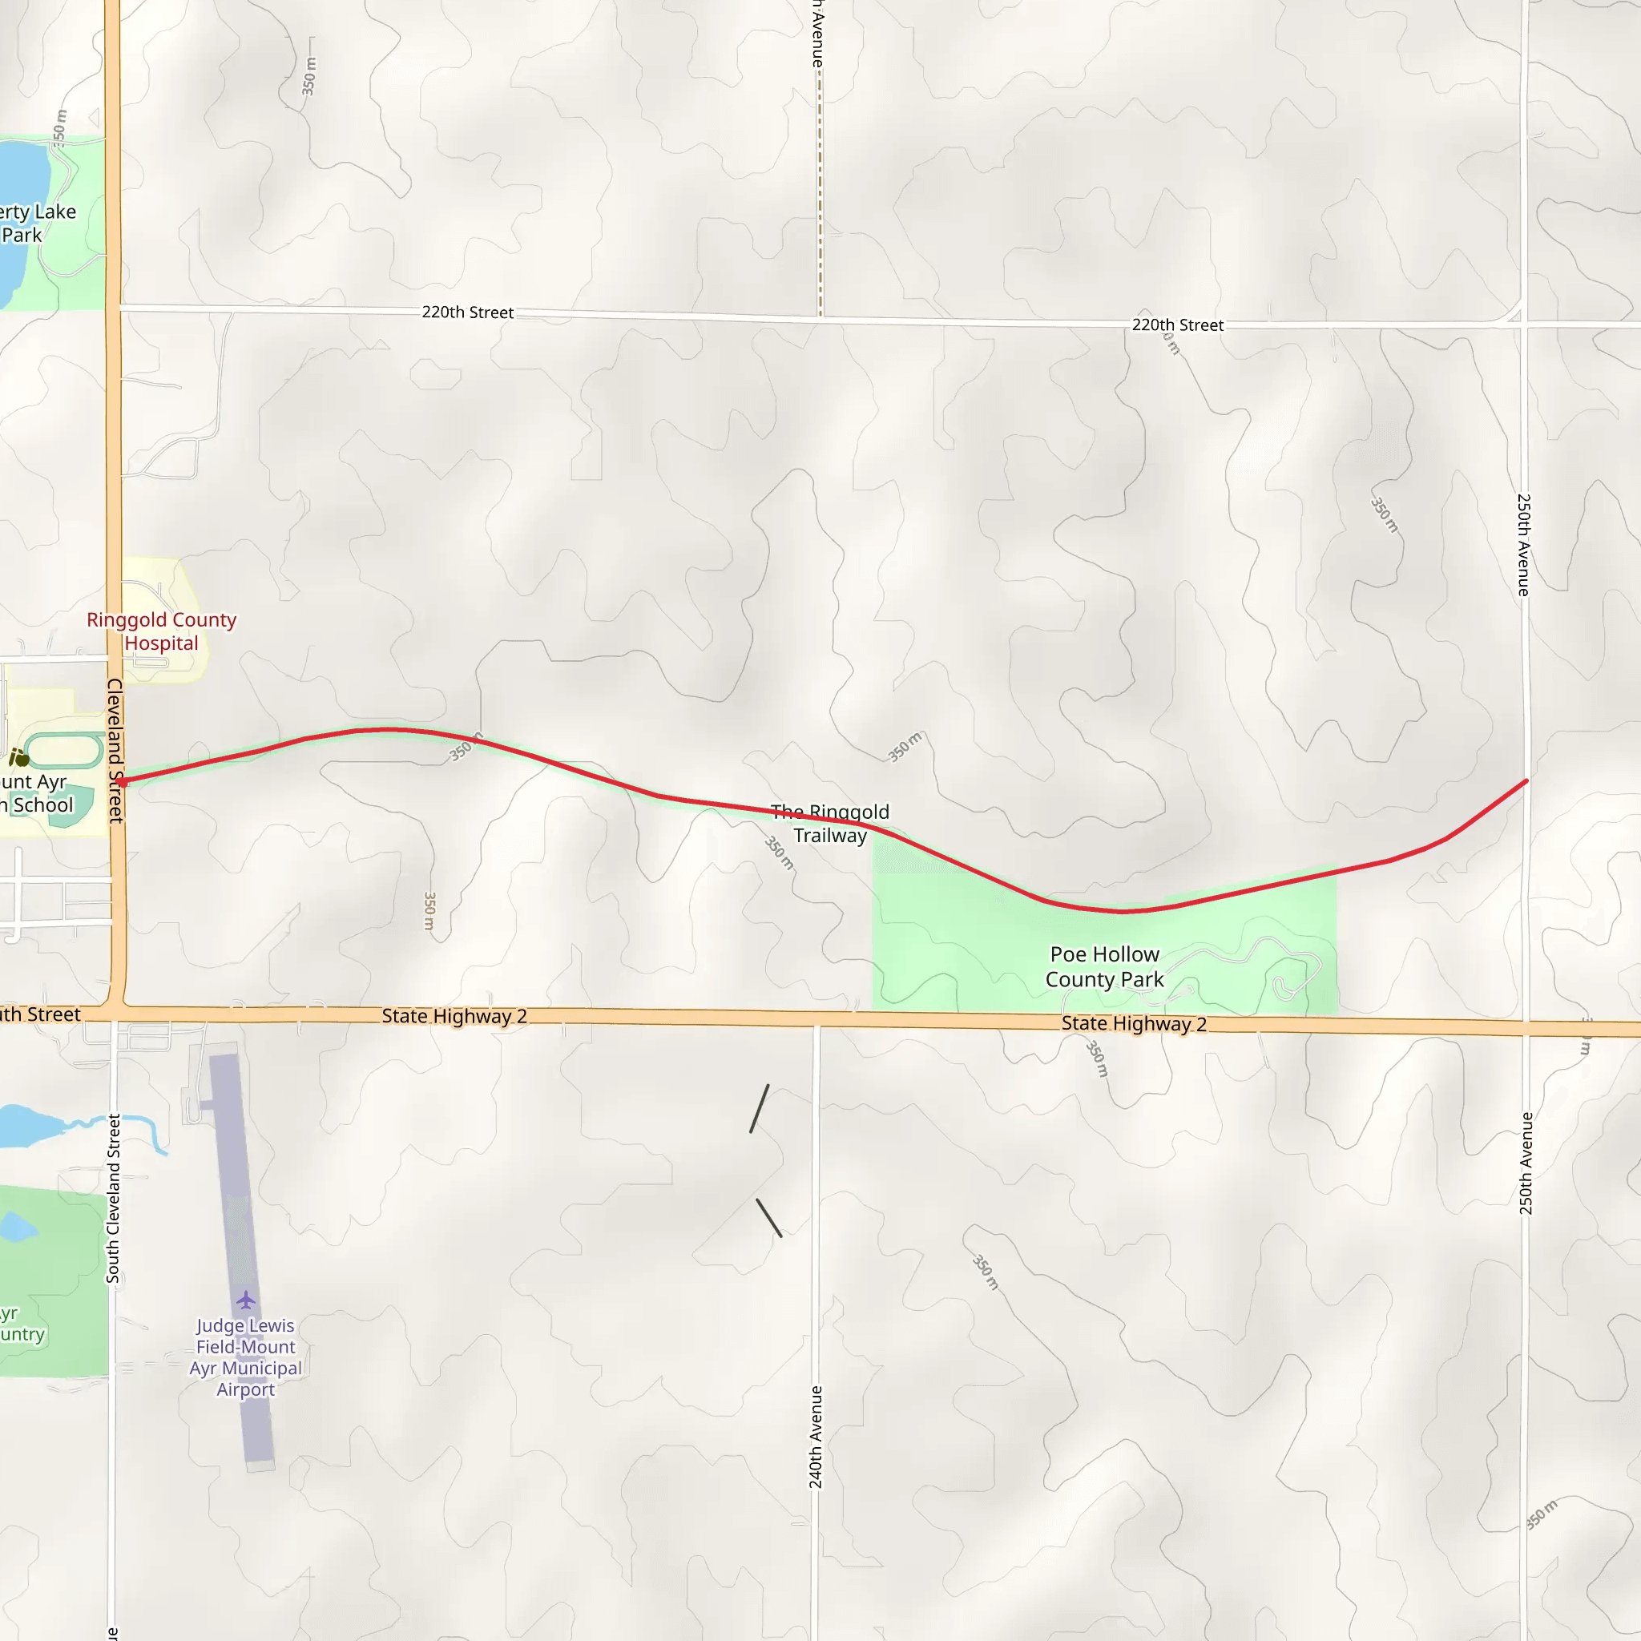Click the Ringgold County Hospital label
pyautogui.click(x=161, y=631)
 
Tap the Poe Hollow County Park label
pyautogui.click(x=1104, y=966)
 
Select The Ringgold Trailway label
pyautogui.click(x=830, y=823)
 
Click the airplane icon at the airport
pyautogui.click(x=245, y=1300)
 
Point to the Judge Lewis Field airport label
pyautogui.click(x=245, y=1357)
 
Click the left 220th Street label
pyautogui.click(x=467, y=312)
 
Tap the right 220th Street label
pyautogui.click(x=1177, y=325)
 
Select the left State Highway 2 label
pyautogui.click(x=454, y=1016)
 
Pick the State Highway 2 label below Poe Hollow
pyautogui.click(x=1134, y=1023)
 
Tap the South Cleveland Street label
pyautogui.click(x=114, y=1199)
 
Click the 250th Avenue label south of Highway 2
pyautogui.click(x=1526, y=1163)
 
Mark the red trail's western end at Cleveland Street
pyautogui.click(x=123, y=781)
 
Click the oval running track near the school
pyautogui.click(x=65, y=750)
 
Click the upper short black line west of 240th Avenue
pyautogui.click(x=760, y=1108)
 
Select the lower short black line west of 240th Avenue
pyautogui.click(x=768, y=1217)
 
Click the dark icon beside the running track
pyautogui.click(x=18, y=756)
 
